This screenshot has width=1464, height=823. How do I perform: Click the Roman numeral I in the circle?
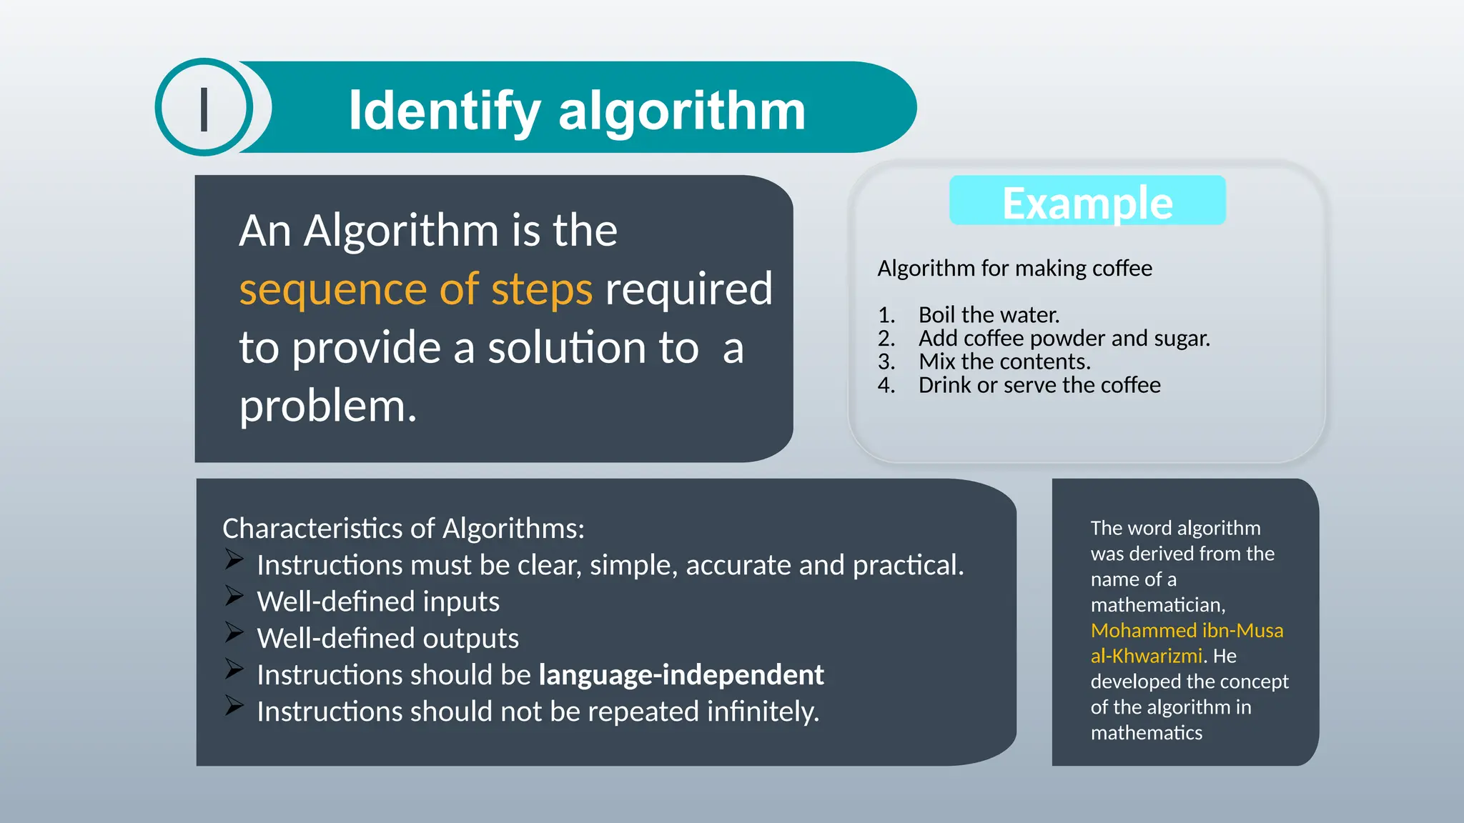(204, 109)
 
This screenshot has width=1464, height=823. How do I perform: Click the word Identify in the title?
(444, 111)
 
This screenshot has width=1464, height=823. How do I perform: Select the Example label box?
(1087, 201)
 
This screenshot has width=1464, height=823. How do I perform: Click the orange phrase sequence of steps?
(415, 289)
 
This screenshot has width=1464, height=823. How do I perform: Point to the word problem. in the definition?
(327, 407)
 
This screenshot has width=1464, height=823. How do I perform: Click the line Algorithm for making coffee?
(1014, 269)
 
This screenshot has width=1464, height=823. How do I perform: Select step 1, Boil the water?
(988, 315)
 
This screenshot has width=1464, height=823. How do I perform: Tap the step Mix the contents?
(1004, 361)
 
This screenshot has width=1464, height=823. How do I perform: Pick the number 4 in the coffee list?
(885, 385)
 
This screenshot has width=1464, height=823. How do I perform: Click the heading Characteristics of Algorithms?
(403, 529)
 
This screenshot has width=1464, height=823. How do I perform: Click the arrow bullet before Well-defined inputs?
(234, 595)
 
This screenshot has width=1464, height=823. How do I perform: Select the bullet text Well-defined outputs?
(387, 638)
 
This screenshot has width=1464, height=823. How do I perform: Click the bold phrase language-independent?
(681, 674)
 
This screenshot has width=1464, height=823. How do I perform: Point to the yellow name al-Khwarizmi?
(1146, 656)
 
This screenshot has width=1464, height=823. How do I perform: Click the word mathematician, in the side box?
(1157, 605)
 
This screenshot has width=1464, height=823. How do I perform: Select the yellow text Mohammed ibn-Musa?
(1187, 630)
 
